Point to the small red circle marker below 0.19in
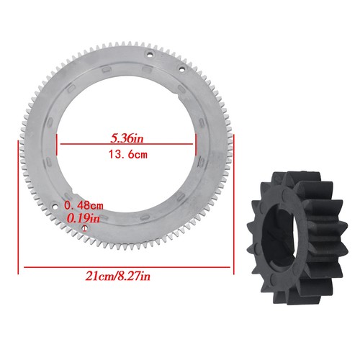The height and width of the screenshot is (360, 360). tap(85, 228)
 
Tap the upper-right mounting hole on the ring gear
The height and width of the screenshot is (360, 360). tap(181, 68)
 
